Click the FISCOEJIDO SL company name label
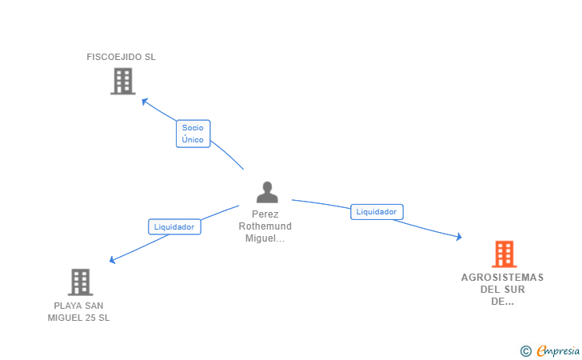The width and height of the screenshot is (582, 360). point(121,57)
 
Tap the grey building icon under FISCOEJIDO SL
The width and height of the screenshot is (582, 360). point(123,81)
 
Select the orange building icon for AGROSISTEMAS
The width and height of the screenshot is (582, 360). point(504,254)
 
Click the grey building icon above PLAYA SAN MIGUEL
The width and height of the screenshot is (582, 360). point(80,282)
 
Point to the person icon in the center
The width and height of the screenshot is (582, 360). point(267,192)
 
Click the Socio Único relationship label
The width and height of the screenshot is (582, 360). point(193,134)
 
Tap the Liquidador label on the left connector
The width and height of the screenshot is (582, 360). point(174,226)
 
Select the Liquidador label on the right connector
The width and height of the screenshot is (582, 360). point(377,212)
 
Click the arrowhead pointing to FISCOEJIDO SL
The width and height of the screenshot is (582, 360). point(145,101)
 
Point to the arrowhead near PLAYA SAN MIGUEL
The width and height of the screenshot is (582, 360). point(112,260)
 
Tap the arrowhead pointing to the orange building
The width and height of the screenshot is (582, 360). point(459,237)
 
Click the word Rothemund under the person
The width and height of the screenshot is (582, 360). point(265,226)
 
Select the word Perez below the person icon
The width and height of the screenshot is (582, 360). point(265,214)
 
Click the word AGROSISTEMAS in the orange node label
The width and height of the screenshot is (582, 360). point(503,278)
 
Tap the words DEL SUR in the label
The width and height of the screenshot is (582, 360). point(503,290)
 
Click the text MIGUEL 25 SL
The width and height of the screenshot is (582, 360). point(78,318)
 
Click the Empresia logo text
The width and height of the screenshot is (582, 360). point(558,350)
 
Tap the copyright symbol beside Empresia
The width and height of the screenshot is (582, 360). point(526,351)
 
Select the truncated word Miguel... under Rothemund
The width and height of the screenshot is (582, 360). point(265,238)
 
